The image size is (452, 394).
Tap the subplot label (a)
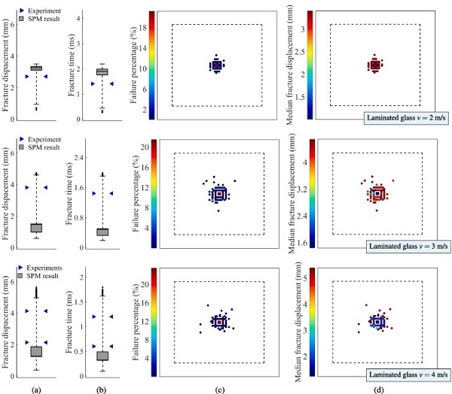coord(35,387)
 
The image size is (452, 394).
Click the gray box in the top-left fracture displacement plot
coord(35,68)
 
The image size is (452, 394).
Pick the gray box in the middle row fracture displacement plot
coord(35,227)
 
